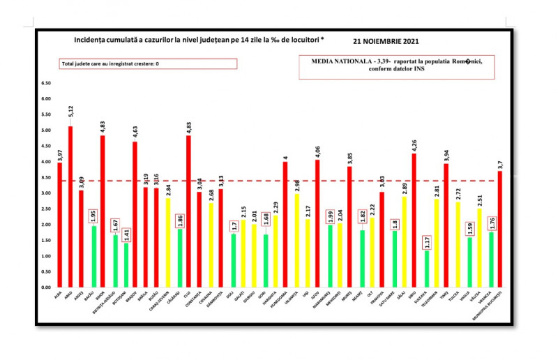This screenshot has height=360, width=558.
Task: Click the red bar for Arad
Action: tap(70, 207)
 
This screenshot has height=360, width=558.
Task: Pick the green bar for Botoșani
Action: tap(126, 265)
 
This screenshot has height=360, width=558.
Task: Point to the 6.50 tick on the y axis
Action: tap(47, 83)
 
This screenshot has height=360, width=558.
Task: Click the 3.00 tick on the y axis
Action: tap(47, 193)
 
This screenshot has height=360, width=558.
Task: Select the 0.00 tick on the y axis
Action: tap(47, 287)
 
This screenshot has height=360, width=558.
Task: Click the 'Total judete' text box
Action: tap(148, 63)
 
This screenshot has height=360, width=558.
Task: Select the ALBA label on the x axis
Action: tap(58, 296)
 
